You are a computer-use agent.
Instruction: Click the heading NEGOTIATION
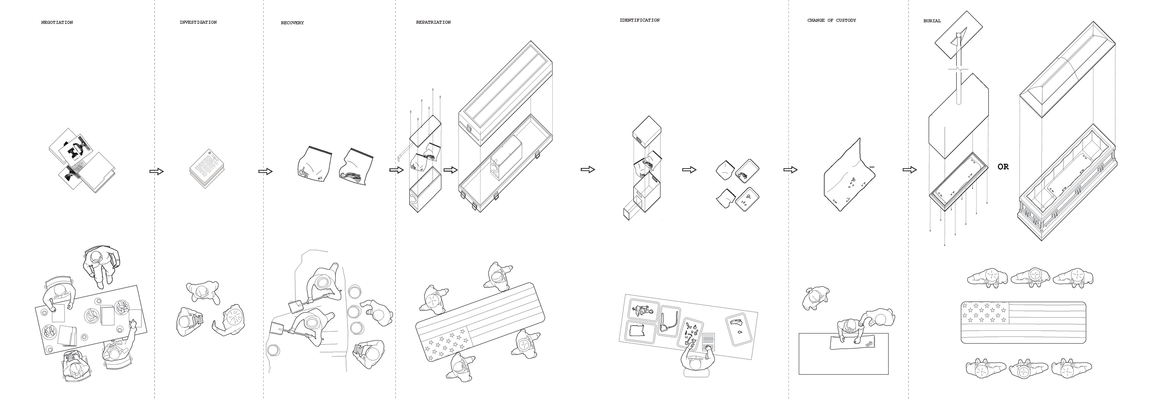pyautogui.click(x=57, y=22)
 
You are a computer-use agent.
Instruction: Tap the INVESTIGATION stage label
pyautogui.click(x=198, y=22)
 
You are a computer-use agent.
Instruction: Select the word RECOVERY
pyautogui.click(x=292, y=23)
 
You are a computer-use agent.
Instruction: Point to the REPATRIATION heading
pyautogui.click(x=433, y=22)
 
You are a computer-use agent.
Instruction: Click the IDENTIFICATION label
pyautogui.click(x=639, y=20)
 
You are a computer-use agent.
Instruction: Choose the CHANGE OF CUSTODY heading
pyautogui.click(x=831, y=20)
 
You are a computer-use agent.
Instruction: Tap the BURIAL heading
pyautogui.click(x=932, y=21)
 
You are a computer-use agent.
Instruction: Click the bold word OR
pyautogui.click(x=1003, y=167)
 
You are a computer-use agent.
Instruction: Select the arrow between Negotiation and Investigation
pyautogui.click(x=156, y=171)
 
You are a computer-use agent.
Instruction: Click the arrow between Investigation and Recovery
pyautogui.click(x=265, y=171)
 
